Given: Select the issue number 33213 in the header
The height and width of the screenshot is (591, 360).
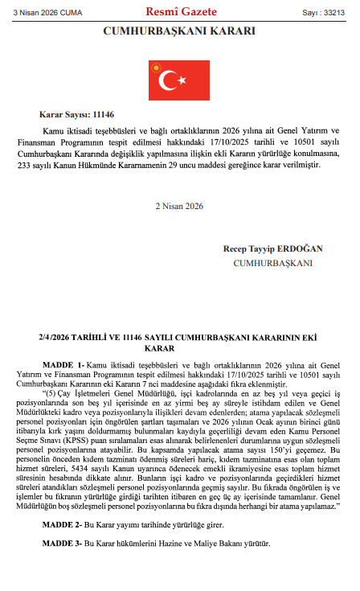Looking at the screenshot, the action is point(332,12).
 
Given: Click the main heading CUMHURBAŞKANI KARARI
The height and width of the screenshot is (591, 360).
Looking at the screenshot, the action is point(179,31).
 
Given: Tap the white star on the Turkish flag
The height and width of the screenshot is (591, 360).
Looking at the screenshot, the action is point(186,79).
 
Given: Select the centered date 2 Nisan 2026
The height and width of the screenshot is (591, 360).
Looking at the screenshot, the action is point(179,205).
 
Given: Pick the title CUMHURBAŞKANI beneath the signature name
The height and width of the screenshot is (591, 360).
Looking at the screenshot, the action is point(272,262).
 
